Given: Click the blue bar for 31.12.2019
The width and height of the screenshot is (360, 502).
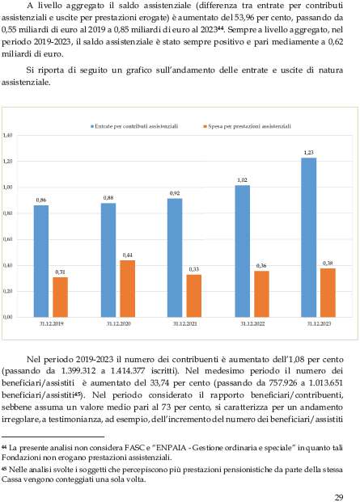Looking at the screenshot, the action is point(41,261).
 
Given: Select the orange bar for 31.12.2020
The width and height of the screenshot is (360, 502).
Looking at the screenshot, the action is point(128,289).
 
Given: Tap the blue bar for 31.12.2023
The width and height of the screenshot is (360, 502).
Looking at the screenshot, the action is point(309,238).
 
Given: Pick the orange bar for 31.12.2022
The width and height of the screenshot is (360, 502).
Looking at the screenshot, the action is point(261,294).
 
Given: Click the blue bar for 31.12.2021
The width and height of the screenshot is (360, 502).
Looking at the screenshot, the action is point(175,258).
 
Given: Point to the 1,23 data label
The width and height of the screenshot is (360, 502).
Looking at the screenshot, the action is point(309,153).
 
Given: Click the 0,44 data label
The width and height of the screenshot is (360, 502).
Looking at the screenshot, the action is point(128,255).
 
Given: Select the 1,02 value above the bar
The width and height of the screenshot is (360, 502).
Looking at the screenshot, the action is point(242,180).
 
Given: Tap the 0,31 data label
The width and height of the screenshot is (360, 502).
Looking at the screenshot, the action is point(60,272).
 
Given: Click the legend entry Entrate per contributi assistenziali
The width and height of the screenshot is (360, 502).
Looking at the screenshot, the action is point(134,126).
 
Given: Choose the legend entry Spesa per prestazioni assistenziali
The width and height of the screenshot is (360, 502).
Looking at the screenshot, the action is point(247,126).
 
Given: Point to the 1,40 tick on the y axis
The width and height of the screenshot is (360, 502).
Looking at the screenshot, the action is point(7,136).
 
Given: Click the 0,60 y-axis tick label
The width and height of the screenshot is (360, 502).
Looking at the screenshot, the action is point(7,239).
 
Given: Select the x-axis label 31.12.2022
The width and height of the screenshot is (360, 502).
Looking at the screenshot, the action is point(252,323).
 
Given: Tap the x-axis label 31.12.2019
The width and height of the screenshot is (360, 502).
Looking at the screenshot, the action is point(51,323).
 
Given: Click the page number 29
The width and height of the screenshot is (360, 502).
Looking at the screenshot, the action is point(339,497).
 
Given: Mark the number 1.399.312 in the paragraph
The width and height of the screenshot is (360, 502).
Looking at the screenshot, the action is point(78,371).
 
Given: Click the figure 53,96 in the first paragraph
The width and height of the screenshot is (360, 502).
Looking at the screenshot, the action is point(244,18).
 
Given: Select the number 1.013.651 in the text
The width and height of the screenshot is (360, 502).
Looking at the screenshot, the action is point(326,383).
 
